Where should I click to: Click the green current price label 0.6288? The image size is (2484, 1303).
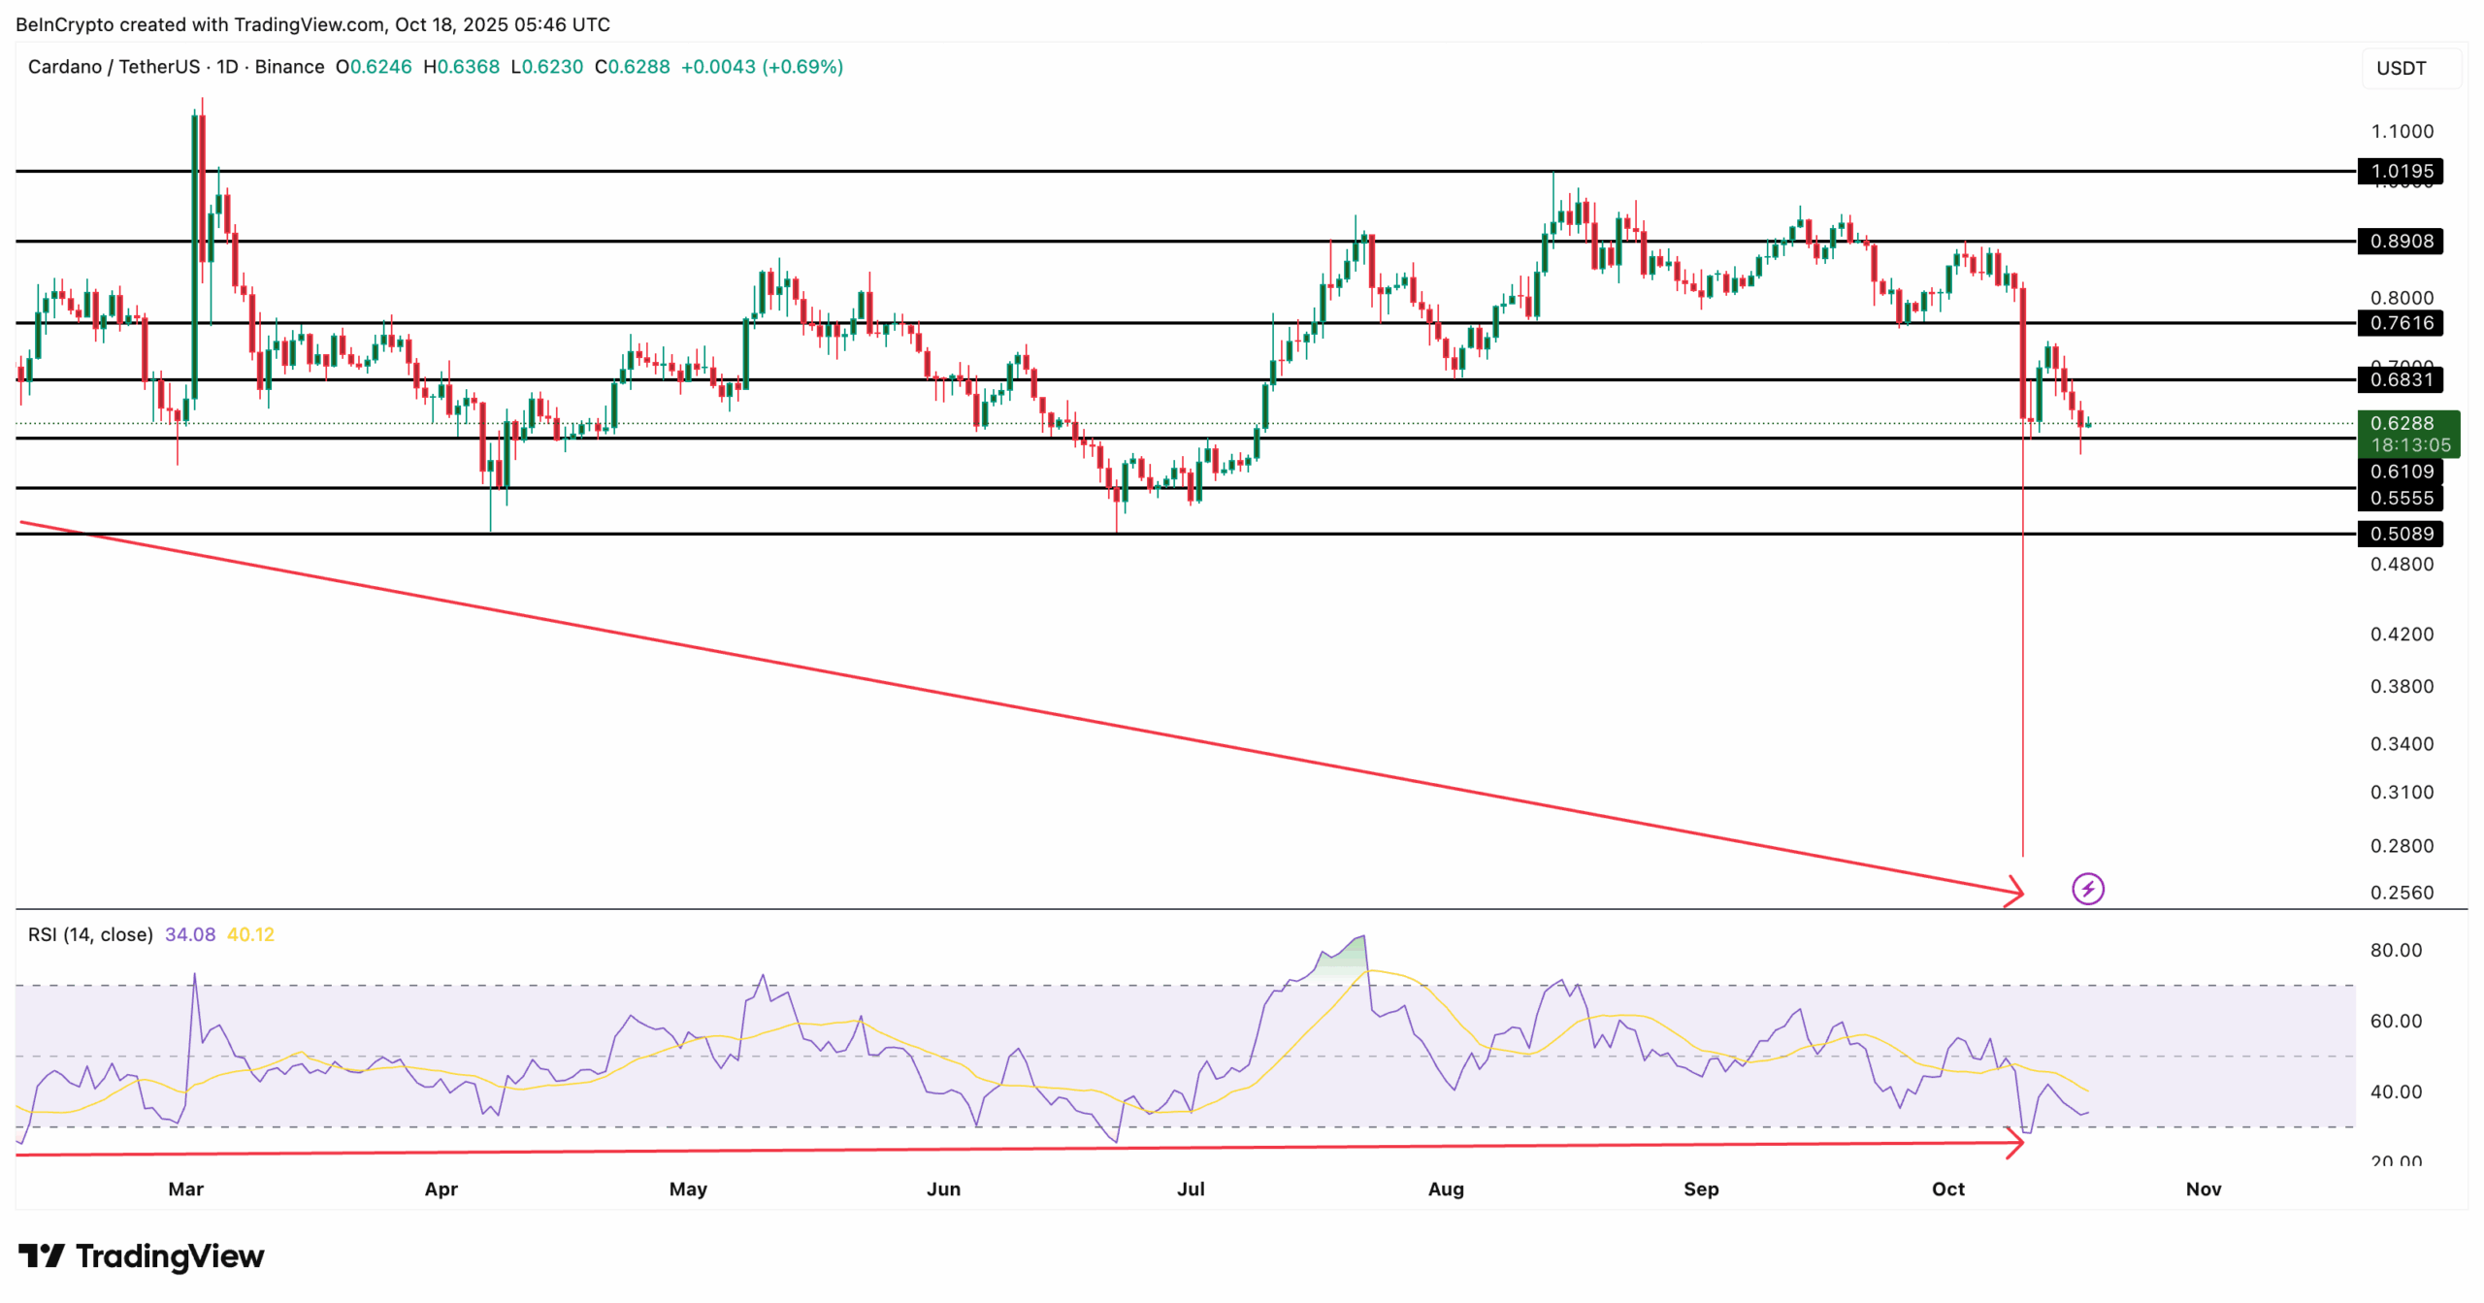point(2401,424)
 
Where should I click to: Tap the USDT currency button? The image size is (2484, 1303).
point(2401,68)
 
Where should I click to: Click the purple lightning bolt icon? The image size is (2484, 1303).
point(2087,889)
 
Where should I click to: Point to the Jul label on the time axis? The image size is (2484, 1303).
point(1191,1189)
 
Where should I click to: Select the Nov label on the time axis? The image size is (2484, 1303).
point(2203,1189)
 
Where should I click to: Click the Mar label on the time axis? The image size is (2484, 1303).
point(185,1189)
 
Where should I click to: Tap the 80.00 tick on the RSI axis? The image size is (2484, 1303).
point(2395,951)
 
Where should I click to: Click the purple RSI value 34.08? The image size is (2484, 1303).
point(190,935)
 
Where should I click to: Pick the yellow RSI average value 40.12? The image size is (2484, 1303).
point(250,935)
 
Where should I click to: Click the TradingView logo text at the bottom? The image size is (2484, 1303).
point(142,1256)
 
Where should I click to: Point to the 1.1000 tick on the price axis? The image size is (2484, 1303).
point(2402,132)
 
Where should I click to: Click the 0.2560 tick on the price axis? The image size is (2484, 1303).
point(2402,893)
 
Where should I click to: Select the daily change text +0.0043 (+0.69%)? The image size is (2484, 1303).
point(762,67)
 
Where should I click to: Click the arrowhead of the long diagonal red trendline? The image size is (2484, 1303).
point(2016,891)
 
